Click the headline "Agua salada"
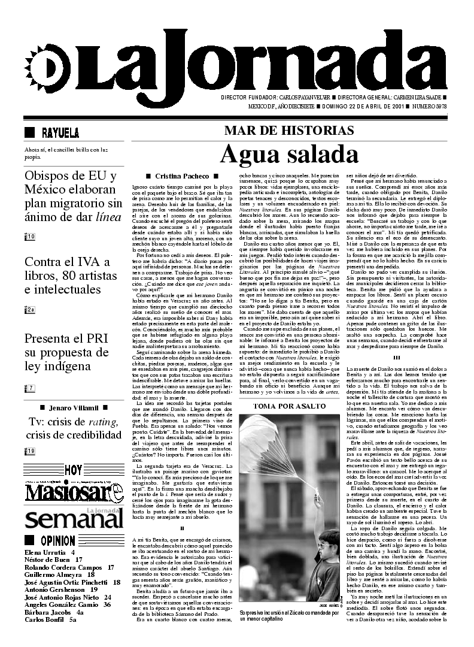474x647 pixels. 289,155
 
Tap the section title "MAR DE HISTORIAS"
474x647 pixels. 289,131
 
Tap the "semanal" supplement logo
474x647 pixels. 69,518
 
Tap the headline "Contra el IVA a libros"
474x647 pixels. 68,276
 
